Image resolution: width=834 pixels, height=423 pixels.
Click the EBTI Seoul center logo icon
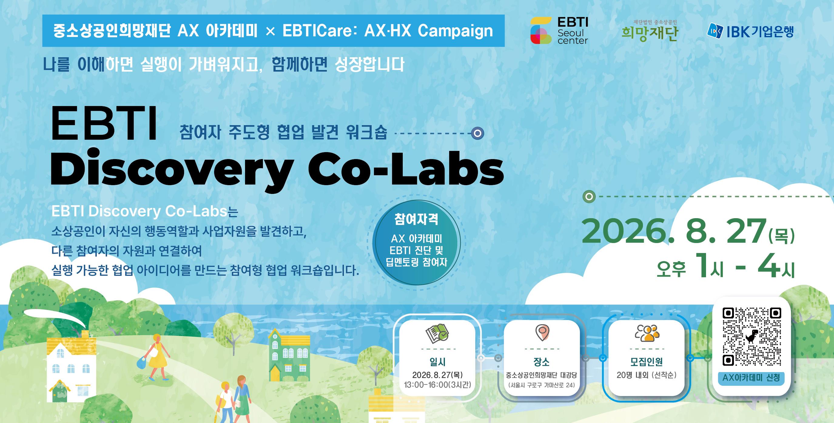pyautogui.click(x=541, y=30)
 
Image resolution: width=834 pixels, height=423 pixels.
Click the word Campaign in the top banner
pyautogui.click(x=455, y=31)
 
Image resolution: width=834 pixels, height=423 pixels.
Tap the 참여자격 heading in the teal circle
pyautogui.click(x=416, y=219)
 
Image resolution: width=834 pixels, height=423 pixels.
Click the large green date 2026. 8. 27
pyautogui.click(x=674, y=232)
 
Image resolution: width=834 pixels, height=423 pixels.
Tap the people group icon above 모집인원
pyautogui.click(x=647, y=333)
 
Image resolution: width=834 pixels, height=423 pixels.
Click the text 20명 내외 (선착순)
pyautogui.click(x=647, y=375)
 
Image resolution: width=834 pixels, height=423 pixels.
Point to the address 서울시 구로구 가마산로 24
pyautogui.click(x=542, y=385)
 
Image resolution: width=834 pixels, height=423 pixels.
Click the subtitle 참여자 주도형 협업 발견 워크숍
pyautogui.click(x=283, y=132)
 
